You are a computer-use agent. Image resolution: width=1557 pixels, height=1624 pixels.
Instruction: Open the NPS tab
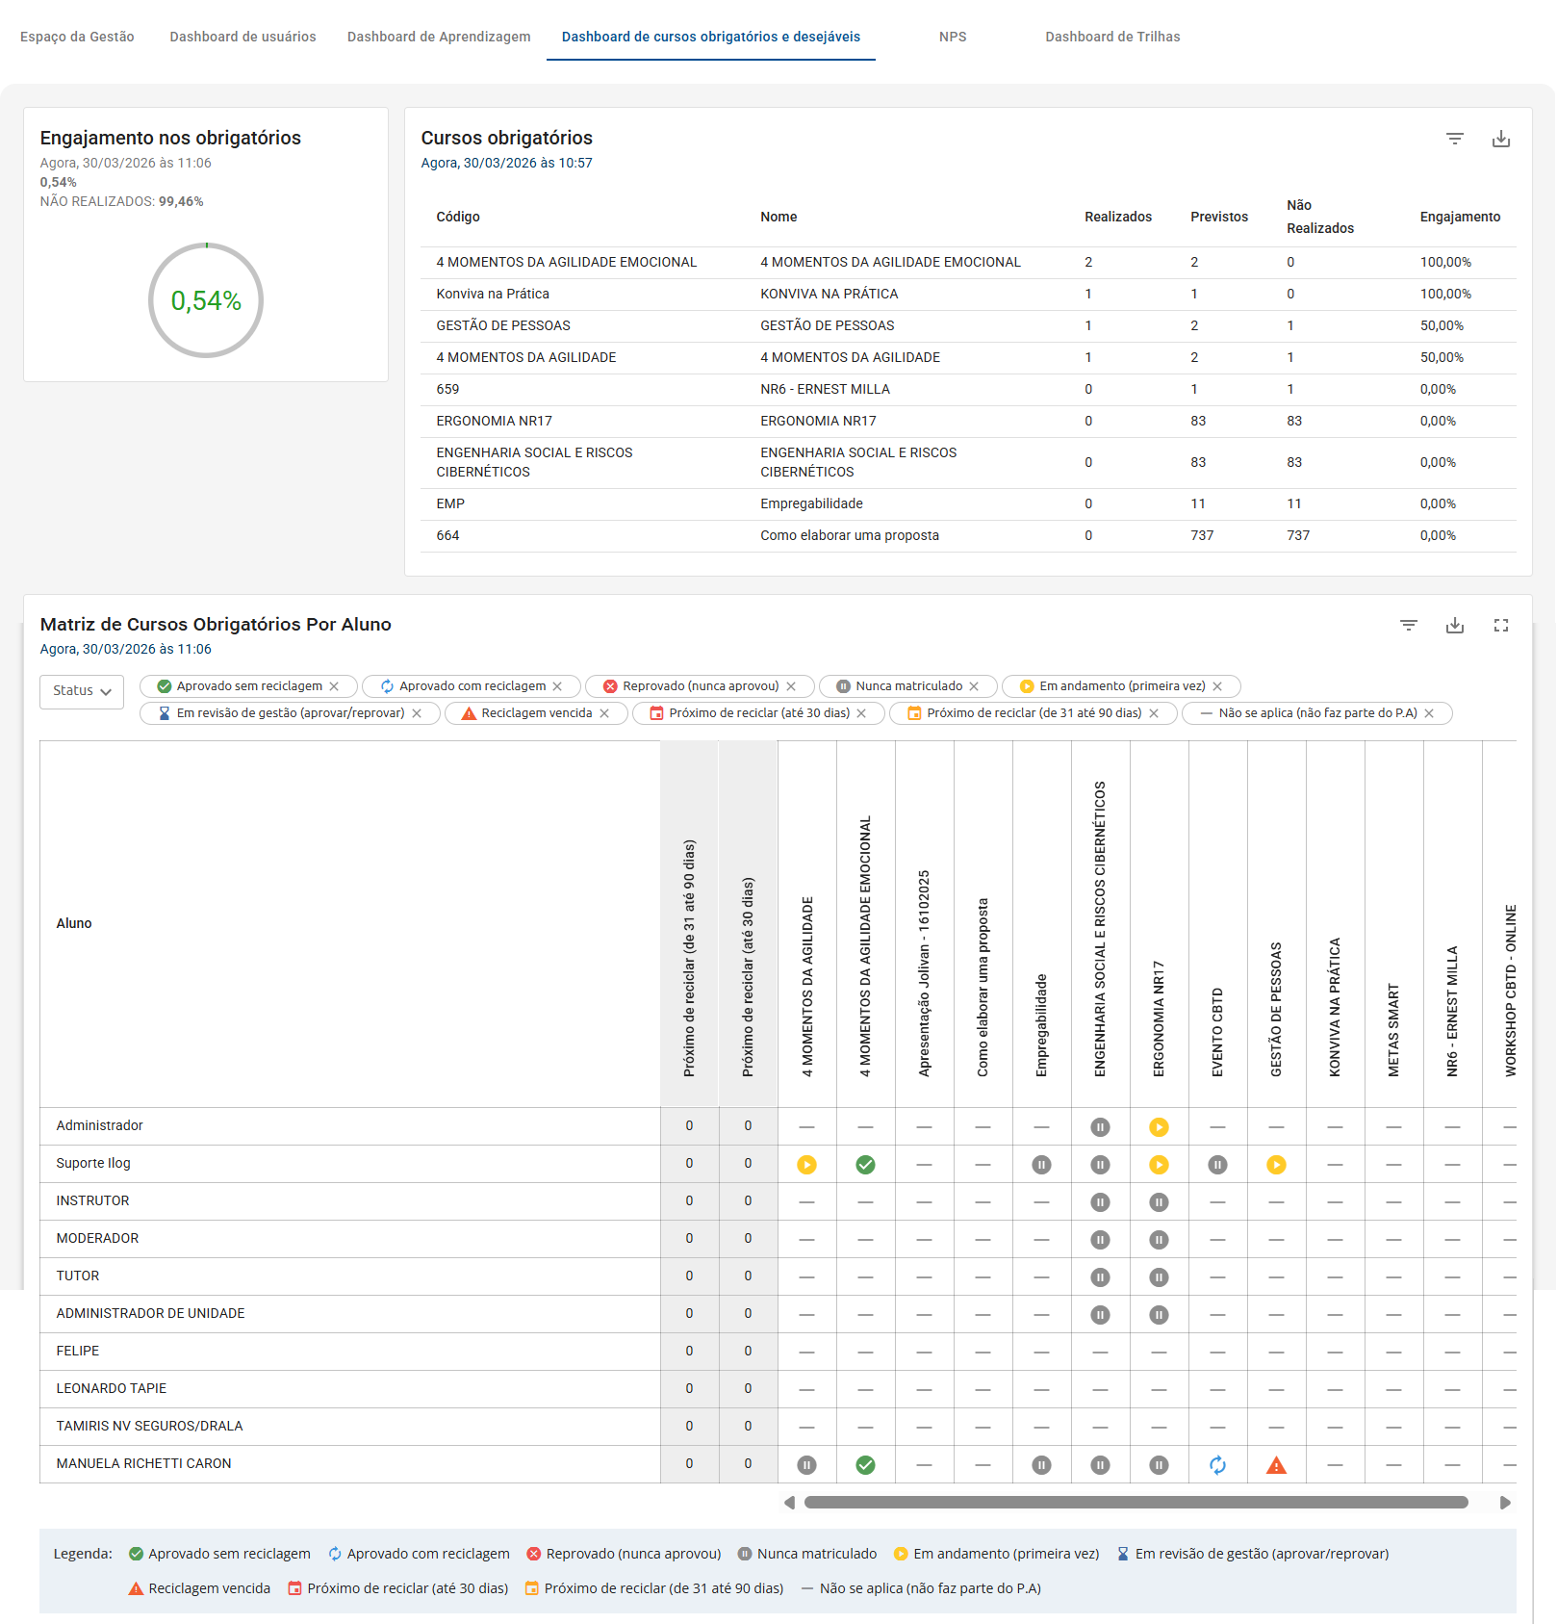tap(952, 37)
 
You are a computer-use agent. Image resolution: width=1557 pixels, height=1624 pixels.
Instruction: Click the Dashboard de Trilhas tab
tap(1111, 37)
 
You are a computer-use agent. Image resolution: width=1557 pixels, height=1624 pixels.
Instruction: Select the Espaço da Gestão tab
tap(77, 37)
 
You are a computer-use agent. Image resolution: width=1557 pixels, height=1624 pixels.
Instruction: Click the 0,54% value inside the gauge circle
tap(206, 301)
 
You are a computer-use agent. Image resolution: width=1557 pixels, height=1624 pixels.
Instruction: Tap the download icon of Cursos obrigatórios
tap(1500, 139)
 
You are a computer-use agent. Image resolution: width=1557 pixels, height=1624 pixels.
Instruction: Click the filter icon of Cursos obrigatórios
tap(1454, 139)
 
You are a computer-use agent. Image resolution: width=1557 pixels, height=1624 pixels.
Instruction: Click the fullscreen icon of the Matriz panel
tap(1500, 626)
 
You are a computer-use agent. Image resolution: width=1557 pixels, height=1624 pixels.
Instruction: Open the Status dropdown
tap(82, 691)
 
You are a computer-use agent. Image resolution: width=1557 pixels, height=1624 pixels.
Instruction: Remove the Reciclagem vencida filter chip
tap(604, 713)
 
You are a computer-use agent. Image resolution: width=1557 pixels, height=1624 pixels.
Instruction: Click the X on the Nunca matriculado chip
tap(974, 686)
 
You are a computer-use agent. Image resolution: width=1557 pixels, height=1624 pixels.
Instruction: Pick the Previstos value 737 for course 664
tap(1202, 535)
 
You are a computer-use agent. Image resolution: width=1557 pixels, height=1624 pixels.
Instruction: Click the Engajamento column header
tap(1459, 217)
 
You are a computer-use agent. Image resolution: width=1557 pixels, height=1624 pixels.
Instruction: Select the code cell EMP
tap(450, 503)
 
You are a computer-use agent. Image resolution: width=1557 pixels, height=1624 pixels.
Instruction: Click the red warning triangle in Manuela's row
tap(1276, 1465)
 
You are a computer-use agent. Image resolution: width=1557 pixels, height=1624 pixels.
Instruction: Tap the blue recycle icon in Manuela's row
tap(1217, 1465)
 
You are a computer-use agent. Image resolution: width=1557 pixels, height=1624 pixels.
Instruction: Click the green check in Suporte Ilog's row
tap(865, 1165)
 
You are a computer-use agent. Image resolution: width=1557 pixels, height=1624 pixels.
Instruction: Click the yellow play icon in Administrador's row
tap(1159, 1127)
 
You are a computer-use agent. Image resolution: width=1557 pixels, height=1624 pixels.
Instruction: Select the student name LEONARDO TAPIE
tap(112, 1388)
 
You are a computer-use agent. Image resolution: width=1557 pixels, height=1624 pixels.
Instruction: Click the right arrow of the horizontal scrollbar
tap(1505, 1503)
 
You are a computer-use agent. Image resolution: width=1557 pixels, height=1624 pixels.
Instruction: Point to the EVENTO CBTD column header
tap(1217, 1030)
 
